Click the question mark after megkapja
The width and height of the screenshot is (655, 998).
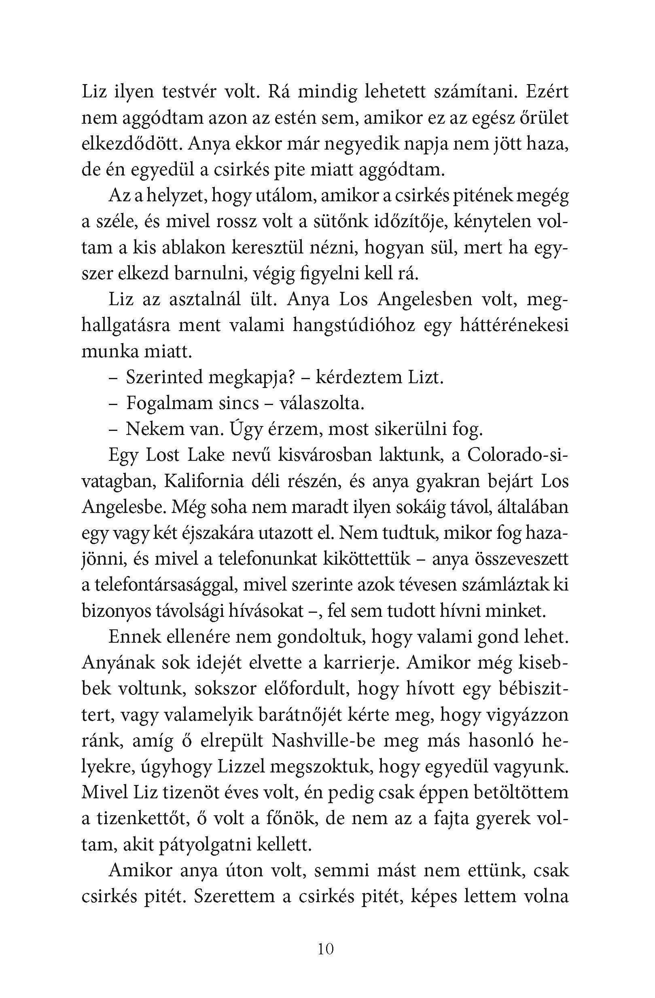(289, 378)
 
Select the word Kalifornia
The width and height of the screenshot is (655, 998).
(204, 481)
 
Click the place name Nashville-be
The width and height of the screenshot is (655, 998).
(324, 740)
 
